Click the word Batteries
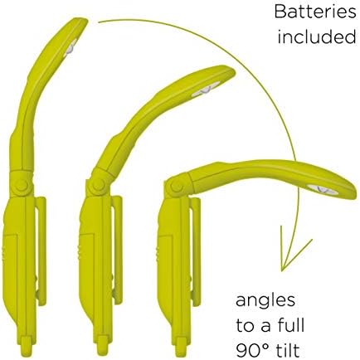coord(315,12)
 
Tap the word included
coord(317,36)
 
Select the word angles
coord(265,301)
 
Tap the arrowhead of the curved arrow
coord(294,251)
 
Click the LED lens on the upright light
coord(71,48)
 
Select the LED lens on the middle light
coord(206,90)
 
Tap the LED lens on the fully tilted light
coord(323,190)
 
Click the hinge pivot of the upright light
coord(22,185)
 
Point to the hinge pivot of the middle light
coord(98,185)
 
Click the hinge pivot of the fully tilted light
coord(176,186)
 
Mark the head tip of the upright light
coord(82,20)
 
